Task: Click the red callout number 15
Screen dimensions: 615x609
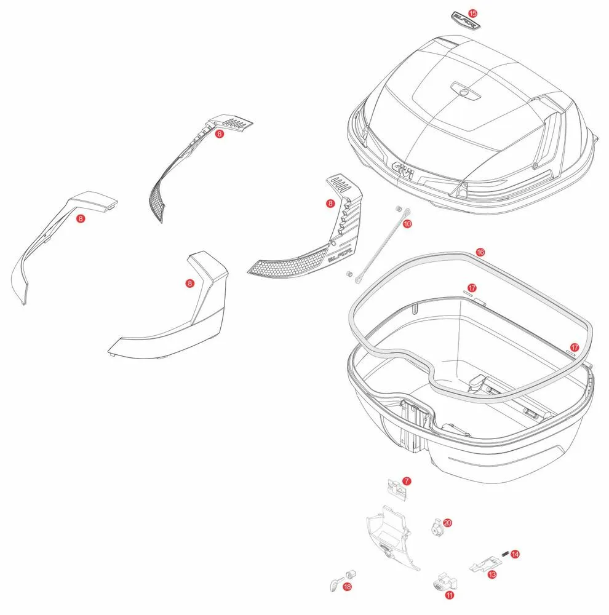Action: (472, 13)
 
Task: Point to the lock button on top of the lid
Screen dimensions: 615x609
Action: (463, 92)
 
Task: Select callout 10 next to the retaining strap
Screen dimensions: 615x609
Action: (407, 224)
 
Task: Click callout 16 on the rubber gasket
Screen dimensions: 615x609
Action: (480, 252)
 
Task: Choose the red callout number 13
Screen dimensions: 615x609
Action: (492, 574)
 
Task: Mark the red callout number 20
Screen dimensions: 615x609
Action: (447, 522)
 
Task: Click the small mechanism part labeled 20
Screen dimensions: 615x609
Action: (436, 526)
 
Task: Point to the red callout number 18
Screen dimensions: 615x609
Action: (348, 587)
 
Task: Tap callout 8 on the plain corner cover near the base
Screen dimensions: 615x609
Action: (189, 283)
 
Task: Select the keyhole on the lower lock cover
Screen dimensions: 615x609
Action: (385, 549)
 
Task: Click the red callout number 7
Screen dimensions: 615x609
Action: (406, 480)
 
